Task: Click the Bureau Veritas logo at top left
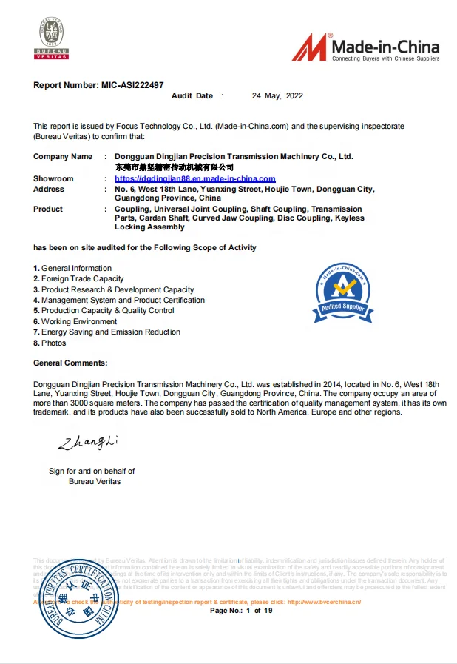pyautogui.click(x=52, y=38)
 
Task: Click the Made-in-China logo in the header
pyautogui.click(x=365, y=47)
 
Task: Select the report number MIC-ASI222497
pyautogui.click(x=132, y=85)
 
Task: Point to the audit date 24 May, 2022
pyautogui.click(x=277, y=96)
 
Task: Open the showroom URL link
pyautogui.click(x=195, y=179)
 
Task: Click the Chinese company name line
pyautogui.click(x=175, y=167)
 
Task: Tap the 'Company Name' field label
pyautogui.click(x=63, y=157)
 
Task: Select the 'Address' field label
pyautogui.click(x=49, y=190)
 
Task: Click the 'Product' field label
pyautogui.click(x=48, y=209)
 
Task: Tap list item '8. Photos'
pyautogui.click(x=50, y=343)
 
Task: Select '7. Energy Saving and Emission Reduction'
pyautogui.click(x=106, y=332)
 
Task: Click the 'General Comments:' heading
pyautogui.click(x=70, y=363)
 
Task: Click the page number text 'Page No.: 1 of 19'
pyautogui.click(x=242, y=611)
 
